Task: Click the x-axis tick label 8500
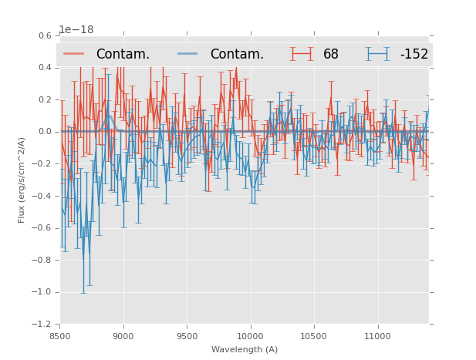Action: point(60,336)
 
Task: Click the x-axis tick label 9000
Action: point(123,336)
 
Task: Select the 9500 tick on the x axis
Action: point(187,336)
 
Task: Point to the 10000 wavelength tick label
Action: point(250,336)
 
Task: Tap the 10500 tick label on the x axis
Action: point(313,336)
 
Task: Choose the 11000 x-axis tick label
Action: point(377,336)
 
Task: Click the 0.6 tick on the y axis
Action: point(46,35)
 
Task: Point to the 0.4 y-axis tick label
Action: point(46,68)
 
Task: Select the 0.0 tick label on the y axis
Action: point(46,132)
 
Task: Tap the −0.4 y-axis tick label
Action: point(43,196)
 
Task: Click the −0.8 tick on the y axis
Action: point(43,260)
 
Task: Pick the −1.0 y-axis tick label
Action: point(43,292)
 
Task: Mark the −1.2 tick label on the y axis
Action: point(43,325)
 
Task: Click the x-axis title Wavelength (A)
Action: point(245,349)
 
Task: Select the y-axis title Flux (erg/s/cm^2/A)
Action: point(22,180)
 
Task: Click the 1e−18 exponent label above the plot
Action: point(76,30)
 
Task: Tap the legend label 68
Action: point(331,55)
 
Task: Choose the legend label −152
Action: point(414,55)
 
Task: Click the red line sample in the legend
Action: point(74,54)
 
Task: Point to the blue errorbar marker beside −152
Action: point(377,54)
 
